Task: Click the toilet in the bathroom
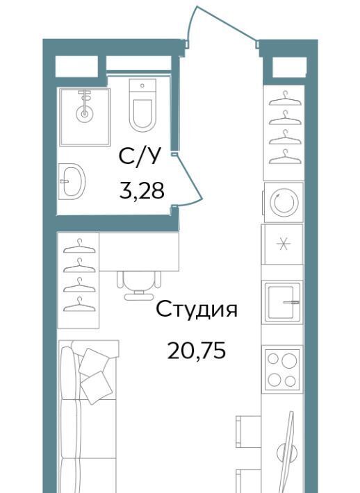[142, 105]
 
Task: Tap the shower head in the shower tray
[84, 113]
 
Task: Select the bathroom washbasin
[73, 181]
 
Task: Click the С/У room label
[140, 156]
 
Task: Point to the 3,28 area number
[142, 190]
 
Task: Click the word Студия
[197, 310]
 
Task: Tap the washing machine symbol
[284, 202]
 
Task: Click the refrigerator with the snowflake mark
[283, 244]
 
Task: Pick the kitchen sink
[282, 302]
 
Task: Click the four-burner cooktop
[282, 369]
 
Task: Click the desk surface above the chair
[139, 251]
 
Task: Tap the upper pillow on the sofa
[92, 362]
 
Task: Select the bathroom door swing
[188, 179]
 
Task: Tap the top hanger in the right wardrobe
[285, 99]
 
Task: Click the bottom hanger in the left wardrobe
[79, 304]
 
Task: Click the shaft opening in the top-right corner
[289, 67]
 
